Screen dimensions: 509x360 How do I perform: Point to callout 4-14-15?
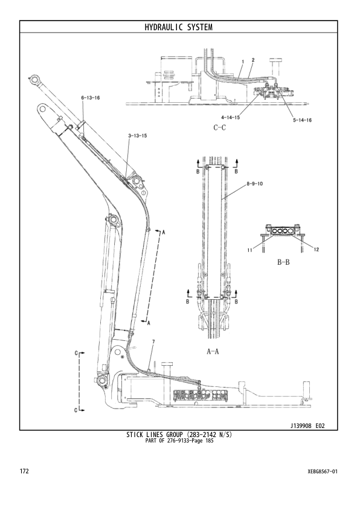pos(230,117)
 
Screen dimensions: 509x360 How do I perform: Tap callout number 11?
pos(249,250)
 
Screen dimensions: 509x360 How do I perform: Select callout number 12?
pos(317,250)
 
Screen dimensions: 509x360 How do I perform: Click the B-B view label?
pos(284,263)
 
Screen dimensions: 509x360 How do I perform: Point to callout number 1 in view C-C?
pos(242,62)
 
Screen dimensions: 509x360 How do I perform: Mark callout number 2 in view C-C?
pos(252,60)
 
